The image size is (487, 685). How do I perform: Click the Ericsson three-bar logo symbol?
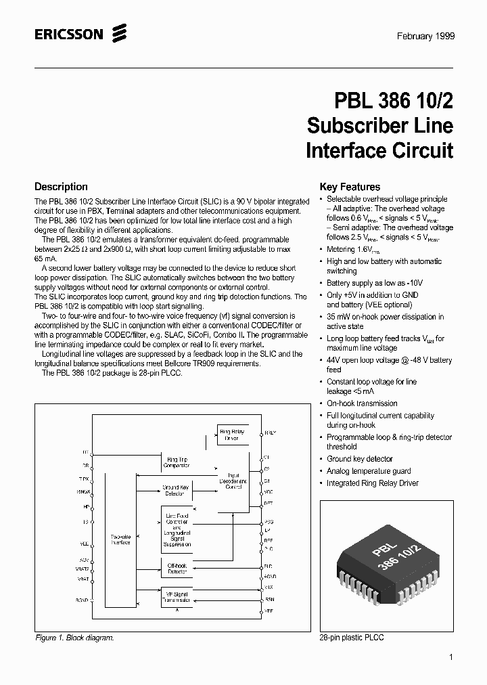point(120,32)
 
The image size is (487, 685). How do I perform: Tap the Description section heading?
point(61,187)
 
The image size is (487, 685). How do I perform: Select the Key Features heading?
point(350,187)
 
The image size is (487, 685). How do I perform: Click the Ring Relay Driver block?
point(233,434)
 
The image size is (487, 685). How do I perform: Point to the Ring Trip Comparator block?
point(177,462)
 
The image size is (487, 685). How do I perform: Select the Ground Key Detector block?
point(175,490)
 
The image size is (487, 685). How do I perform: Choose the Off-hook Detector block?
point(177,568)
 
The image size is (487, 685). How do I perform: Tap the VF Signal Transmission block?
point(177,597)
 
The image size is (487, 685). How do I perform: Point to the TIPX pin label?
point(84,479)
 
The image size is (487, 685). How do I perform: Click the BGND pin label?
point(83,600)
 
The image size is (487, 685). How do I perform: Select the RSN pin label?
point(269,599)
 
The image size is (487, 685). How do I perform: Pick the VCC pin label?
point(269,491)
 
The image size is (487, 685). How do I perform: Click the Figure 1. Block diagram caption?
point(74,638)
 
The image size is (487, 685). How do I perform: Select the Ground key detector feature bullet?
point(359,459)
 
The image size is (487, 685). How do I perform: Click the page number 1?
point(450,657)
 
